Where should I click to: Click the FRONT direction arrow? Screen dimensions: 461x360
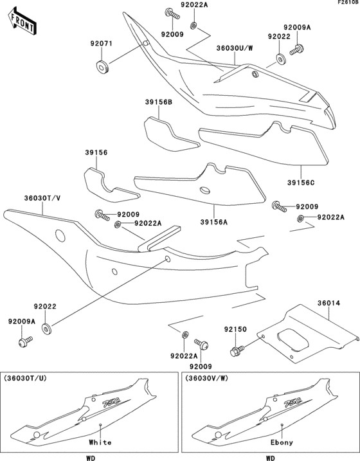tap(20, 21)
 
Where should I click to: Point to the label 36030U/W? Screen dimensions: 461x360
tap(235, 47)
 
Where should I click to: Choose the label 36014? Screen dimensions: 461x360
tap(327, 300)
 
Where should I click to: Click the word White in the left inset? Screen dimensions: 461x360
tap(100, 442)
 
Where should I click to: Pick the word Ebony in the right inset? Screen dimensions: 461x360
tap(281, 442)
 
